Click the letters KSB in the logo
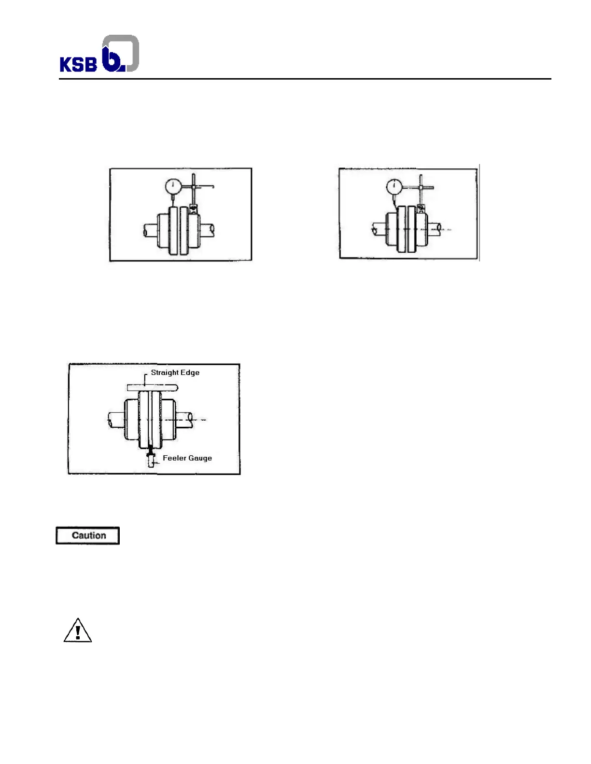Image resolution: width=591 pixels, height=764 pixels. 78,64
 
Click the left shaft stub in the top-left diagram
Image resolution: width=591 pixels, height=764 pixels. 150,230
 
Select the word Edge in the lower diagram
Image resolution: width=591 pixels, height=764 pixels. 190,372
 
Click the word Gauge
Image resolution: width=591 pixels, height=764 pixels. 200,458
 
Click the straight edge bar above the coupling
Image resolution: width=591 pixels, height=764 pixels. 153,387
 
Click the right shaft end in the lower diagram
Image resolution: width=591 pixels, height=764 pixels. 186,418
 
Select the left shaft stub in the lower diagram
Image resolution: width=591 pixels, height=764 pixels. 116,420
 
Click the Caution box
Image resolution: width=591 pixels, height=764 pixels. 88,535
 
